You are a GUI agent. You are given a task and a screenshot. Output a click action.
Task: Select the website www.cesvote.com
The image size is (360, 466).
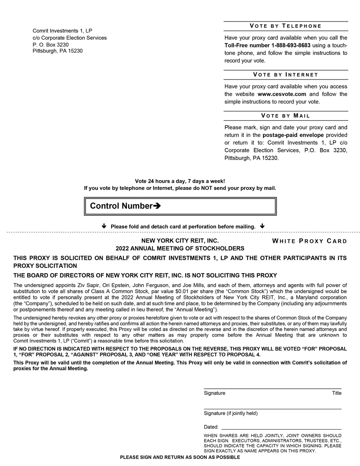click(x=281, y=94)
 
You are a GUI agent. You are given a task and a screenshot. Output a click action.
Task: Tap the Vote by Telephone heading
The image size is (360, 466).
click(x=285, y=26)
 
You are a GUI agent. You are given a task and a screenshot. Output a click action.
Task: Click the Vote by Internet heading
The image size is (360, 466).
click(x=285, y=75)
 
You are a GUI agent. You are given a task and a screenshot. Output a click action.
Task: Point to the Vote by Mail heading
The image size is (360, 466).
click(x=285, y=116)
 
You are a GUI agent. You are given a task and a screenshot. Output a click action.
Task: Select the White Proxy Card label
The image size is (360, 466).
click(x=310, y=241)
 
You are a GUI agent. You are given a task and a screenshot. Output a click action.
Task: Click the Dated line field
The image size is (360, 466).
click(x=281, y=426)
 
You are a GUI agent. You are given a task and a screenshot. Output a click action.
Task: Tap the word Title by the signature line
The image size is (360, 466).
click(x=336, y=393)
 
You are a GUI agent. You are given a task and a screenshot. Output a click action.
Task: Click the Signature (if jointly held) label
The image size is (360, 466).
click(x=230, y=413)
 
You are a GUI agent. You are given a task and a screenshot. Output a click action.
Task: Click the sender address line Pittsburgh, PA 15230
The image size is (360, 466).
click(x=58, y=51)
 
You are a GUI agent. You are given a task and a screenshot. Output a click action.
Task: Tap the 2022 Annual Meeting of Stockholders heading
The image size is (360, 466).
click(x=180, y=248)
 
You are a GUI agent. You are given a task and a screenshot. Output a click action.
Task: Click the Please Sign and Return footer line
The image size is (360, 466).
click(x=180, y=457)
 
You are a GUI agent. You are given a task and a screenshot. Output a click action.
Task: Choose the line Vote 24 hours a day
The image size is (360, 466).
click(x=180, y=181)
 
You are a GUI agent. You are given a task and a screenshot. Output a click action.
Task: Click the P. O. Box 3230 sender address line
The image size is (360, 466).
click(x=50, y=44)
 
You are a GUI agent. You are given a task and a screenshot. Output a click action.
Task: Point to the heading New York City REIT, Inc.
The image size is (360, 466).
click(x=180, y=241)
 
